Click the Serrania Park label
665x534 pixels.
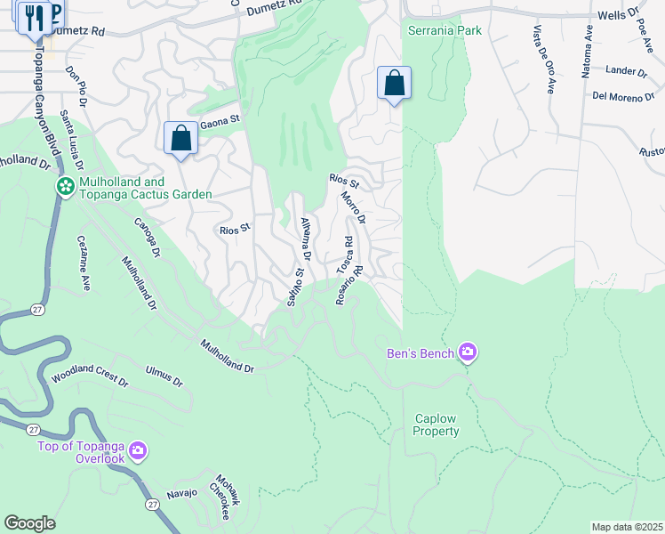click(445, 30)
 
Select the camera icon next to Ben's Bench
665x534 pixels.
click(468, 353)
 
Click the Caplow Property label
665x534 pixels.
click(437, 425)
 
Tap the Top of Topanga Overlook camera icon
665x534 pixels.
click(137, 451)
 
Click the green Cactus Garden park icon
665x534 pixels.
click(64, 187)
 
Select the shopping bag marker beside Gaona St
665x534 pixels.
click(181, 139)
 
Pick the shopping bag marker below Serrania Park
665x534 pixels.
click(394, 84)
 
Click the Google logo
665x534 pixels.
click(30, 522)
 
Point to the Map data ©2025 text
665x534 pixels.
click(626, 527)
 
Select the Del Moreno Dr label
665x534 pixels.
click(617, 96)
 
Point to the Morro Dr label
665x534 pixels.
click(353, 208)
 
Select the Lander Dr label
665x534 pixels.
click(626, 71)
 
